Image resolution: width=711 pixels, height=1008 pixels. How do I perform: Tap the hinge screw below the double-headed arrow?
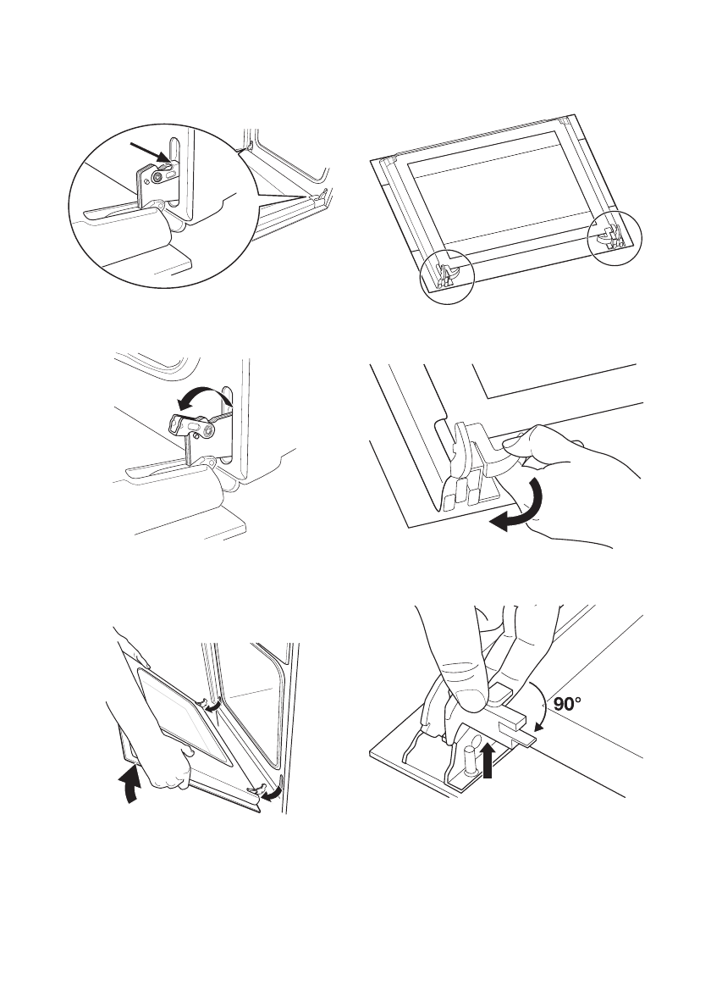[x=207, y=434]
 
